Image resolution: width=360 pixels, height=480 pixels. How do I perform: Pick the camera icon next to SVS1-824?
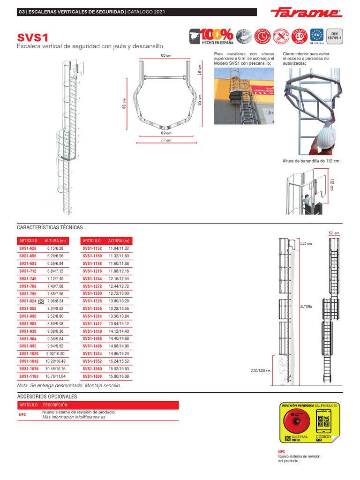click(41, 301)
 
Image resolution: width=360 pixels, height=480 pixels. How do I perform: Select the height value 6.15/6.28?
click(55, 248)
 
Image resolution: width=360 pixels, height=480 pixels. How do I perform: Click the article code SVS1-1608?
click(92, 376)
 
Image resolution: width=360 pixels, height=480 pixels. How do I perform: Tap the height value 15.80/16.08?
click(119, 376)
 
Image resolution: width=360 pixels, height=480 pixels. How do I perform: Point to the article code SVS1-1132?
click(92, 248)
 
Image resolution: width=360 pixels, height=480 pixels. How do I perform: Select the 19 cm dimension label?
click(199, 70)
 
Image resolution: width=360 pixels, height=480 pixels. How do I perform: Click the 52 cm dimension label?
click(334, 233)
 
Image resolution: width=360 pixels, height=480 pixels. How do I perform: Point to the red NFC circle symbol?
click(295, 421)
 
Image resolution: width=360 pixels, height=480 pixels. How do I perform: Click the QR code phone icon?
click(323, 421)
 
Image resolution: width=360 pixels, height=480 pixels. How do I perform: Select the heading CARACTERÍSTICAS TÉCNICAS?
click(50, 227)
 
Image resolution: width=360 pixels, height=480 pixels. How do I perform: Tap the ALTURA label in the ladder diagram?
click(306, 306)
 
